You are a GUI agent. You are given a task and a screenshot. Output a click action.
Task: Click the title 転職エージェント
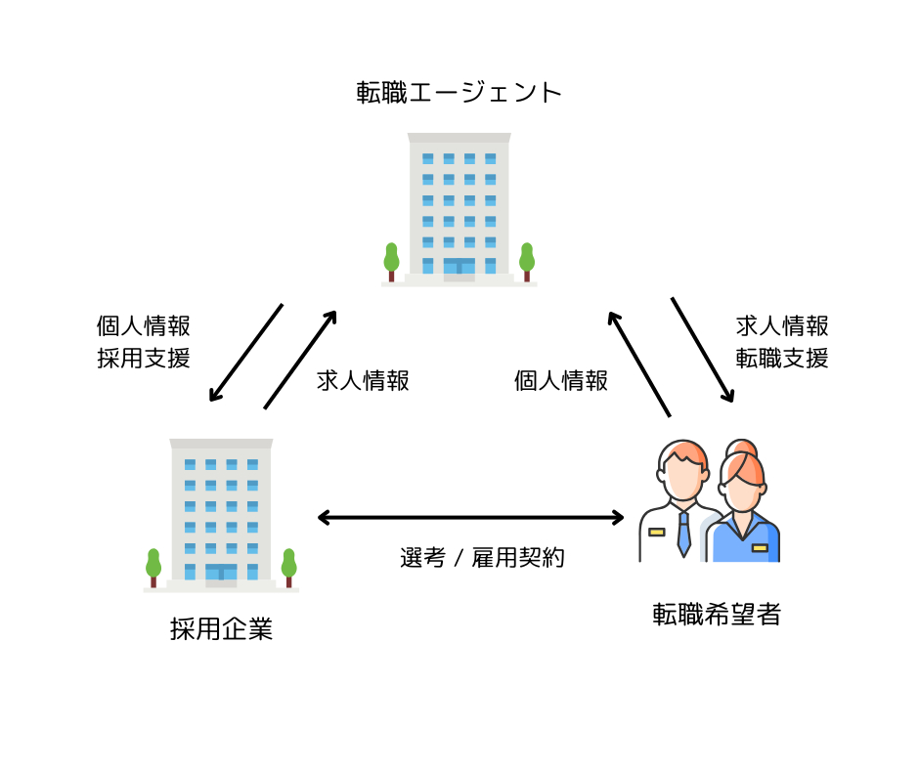pos(459,93)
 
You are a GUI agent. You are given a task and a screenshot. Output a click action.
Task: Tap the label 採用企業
pos(222,628)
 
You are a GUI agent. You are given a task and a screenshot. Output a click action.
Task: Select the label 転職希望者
pos(717,614)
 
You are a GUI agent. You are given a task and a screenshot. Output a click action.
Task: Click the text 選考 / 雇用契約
pos(482,557)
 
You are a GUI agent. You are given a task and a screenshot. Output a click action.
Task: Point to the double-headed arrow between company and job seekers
pos(470,518)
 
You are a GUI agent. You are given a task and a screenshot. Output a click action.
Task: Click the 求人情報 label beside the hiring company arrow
pos(363,380)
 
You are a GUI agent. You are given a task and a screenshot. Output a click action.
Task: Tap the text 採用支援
pos(144,358)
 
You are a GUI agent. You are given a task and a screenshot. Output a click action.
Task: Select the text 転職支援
pos(782,358)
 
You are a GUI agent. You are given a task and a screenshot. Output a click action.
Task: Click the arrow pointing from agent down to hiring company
pos(246,352)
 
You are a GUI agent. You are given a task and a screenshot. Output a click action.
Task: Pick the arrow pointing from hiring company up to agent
pos(300,360)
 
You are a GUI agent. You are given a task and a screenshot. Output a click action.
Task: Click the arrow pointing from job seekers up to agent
pos(638,364)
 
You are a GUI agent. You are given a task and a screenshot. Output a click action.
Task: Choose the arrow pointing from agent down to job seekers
pos(703,350)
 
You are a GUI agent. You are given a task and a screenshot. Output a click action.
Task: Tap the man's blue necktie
pos(683,534)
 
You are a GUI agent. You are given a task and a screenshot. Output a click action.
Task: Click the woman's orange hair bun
pos(741,448)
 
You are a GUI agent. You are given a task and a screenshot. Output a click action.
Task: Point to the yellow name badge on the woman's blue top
pos(760,548)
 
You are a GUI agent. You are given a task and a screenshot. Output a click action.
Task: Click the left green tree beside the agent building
pos(391,261)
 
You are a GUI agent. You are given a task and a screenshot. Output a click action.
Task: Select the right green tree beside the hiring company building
pos(289,568)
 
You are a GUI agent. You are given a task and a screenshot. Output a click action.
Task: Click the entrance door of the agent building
pos(459,266)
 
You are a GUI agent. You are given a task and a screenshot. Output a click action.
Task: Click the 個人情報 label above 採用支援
pos(144,325)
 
